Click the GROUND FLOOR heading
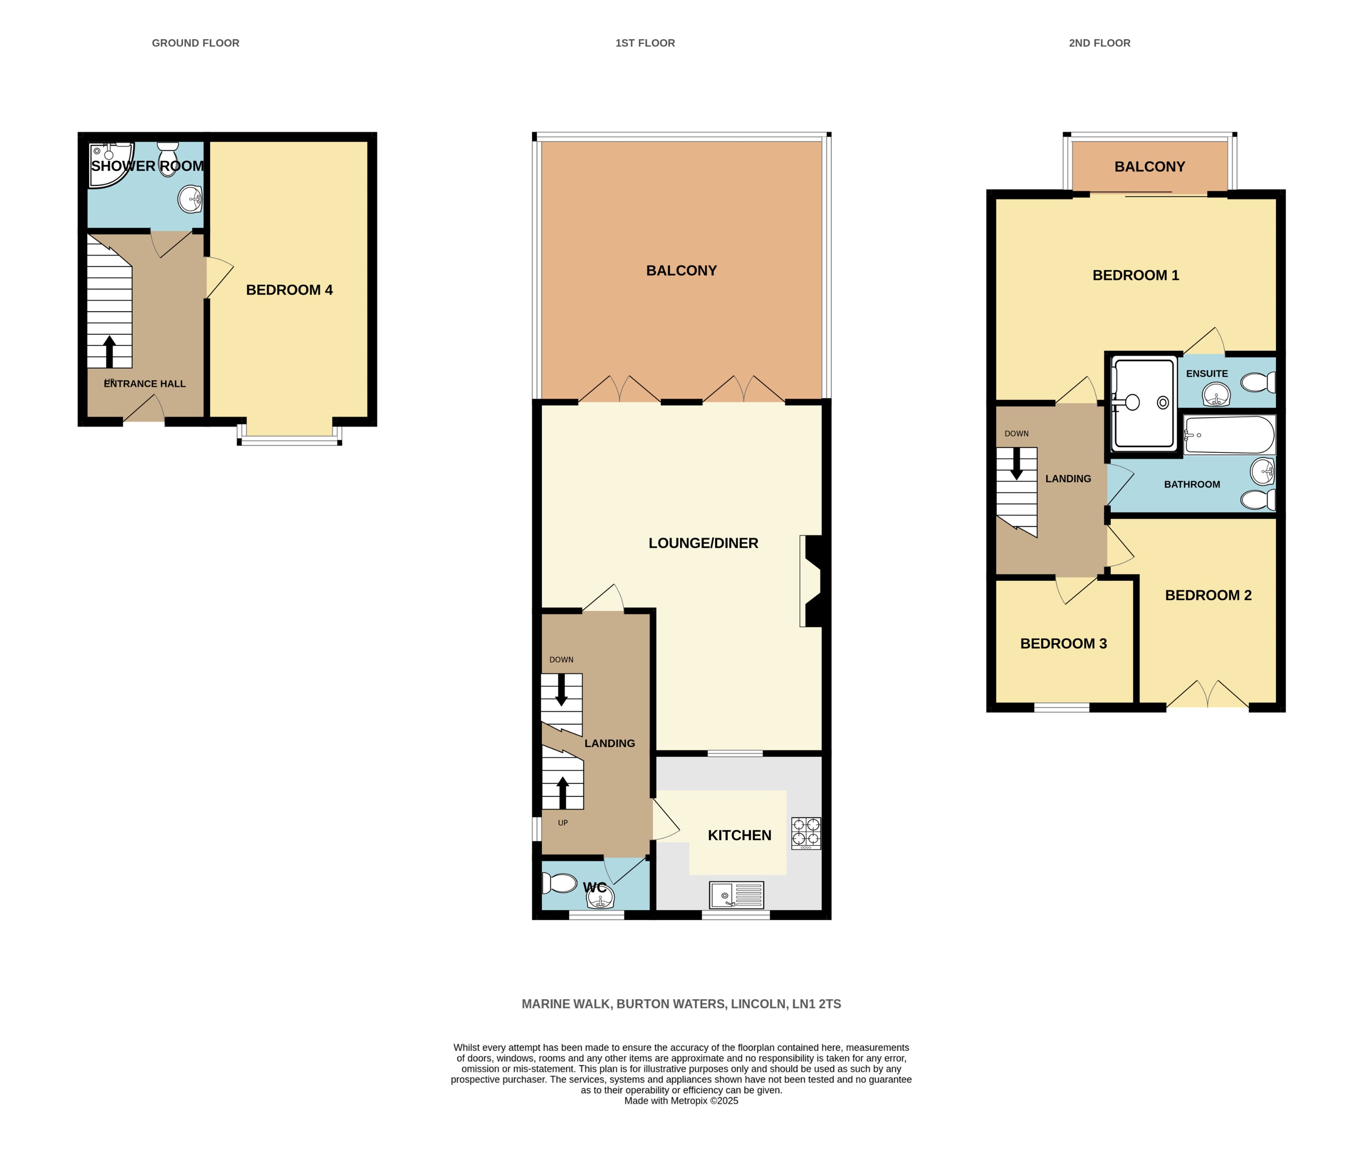click(196, 43)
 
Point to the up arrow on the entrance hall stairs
click(109, 351)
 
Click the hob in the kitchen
click(806, 833)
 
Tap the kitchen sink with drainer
click(736, 895)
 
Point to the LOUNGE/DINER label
click(703, 543)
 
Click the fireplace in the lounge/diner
click(811, 581)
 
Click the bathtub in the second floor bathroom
click(1229, 435)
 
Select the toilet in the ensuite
click(1258, 382)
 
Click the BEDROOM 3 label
click(1063, 644)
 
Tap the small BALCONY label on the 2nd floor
click(1149, 166)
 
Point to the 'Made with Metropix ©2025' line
click(681, 1101)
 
